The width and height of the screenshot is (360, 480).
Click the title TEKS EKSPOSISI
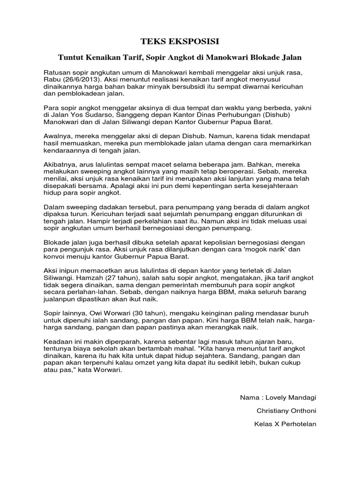click(180, 42)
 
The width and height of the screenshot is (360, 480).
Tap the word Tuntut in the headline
click(69, 58)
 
